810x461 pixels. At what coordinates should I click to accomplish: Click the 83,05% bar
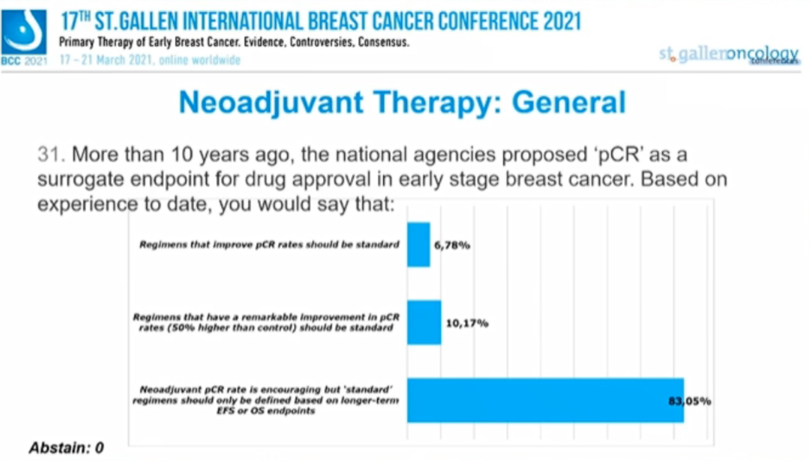(545, 400)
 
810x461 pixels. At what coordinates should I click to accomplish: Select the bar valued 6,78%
(418, 245)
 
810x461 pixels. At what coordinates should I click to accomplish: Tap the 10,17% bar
(424, 323)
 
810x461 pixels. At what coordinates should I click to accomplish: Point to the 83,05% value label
(694, 400)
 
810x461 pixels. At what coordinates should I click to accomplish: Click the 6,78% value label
(451, 246)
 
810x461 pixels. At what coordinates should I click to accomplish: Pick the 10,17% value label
(467, 323)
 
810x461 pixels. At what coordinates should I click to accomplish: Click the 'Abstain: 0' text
(66, 448)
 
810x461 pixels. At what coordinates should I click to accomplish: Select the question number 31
(49, 156)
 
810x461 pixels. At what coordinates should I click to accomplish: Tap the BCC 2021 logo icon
(24, 34)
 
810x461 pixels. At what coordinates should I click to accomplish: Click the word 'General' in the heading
(569, 103)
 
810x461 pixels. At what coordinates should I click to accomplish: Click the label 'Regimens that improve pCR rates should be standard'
(269, 245)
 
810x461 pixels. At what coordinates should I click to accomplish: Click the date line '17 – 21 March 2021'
(150, 61)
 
